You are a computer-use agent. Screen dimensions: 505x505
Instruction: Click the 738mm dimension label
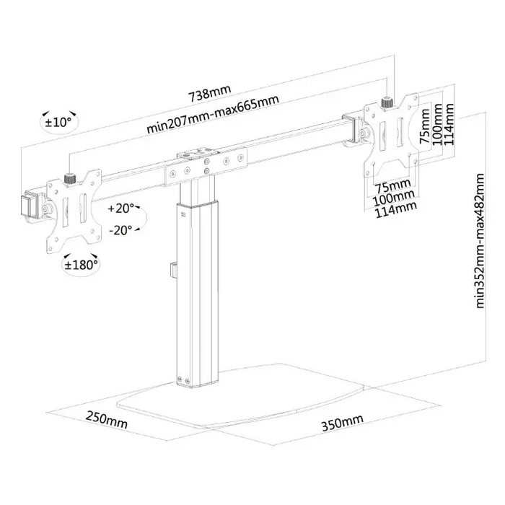(x=209, y=95)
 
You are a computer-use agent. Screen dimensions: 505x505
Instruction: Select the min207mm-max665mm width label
(x=213, y=116)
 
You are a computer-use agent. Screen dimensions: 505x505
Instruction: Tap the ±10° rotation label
(x=59, y=122)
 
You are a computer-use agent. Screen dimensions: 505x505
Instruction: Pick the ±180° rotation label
(x=81, y=265)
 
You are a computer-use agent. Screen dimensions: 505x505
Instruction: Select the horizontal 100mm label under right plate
(x=394, y=196)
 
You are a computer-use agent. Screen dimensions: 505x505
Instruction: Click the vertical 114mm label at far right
(x=450, y=124)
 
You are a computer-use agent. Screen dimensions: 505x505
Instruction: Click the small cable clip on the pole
(x=173, y=268)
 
